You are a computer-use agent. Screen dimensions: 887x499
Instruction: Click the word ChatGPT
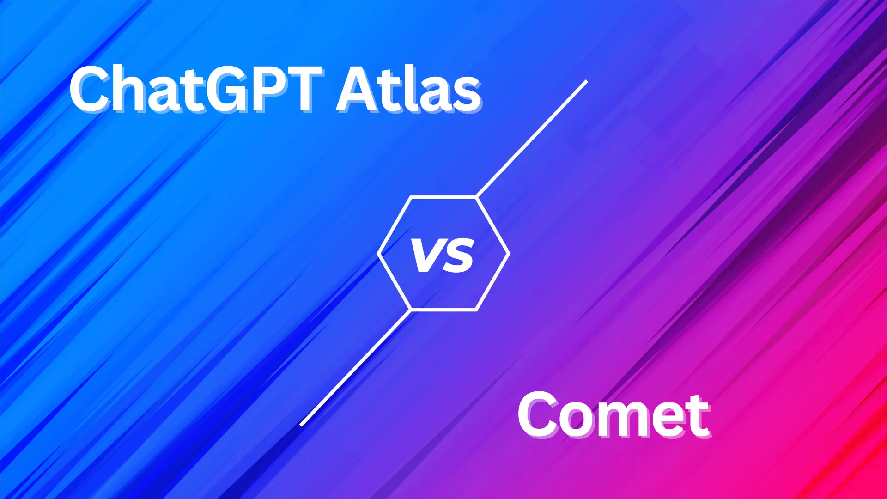pyautogui.click(x=196, y=88)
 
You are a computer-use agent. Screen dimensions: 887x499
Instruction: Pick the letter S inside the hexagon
pyautogui.click(x=458, y=255)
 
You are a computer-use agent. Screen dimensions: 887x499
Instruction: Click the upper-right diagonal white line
pyautogui.click(x=531, y=139)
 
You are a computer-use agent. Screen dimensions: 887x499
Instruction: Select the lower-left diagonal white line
pyautogui.click(x=355, y=368)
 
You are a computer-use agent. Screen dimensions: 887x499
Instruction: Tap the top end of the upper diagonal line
pyautogui.click(x=587, y=81)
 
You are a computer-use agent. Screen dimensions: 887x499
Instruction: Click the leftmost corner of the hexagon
pyautogui.click(x=378, y=253)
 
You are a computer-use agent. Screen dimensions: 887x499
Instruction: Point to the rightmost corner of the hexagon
pyautogui.click(x=509, y=253)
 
